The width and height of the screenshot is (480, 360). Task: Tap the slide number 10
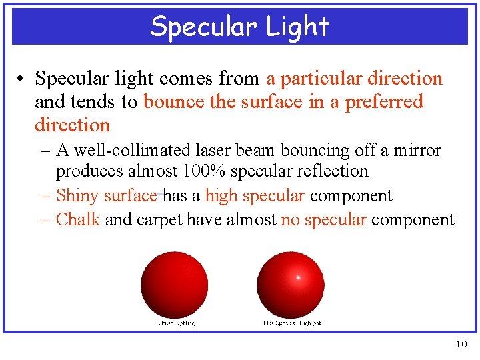click(x=461, y=344)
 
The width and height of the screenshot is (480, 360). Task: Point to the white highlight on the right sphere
click(x=298, y=277)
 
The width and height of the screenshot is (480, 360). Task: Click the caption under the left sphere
click(x=175, y=323)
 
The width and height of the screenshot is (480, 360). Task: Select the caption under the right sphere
click(x=292, y=323)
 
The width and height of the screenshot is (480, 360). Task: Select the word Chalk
click(x=78, y=220)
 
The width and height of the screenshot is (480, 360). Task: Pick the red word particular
click(x=318, y=79)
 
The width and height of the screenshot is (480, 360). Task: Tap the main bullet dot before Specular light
click(x=22, y=79)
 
